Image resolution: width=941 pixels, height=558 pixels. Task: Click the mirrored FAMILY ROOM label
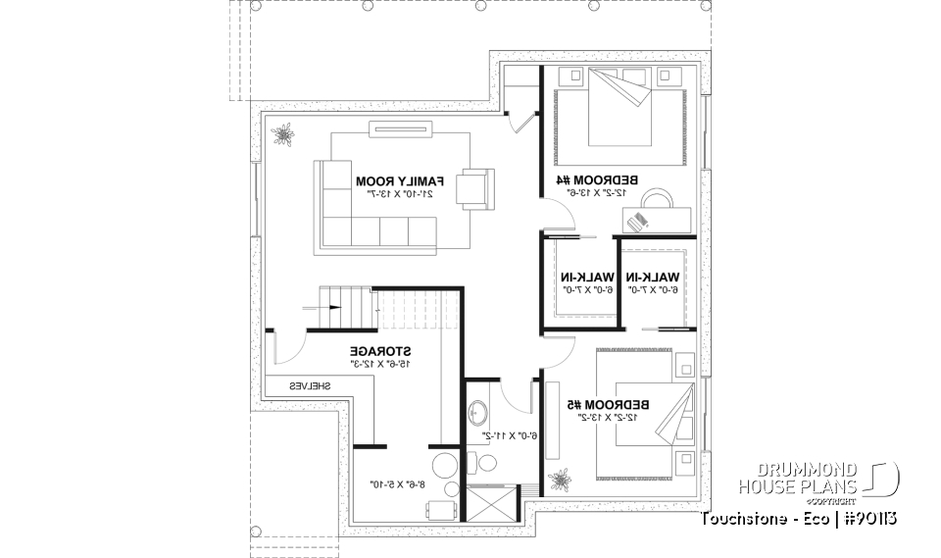pyautogui.click(x=400, y=181)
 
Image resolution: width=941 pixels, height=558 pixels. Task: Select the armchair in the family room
pyautogui.click(x=477, y=188)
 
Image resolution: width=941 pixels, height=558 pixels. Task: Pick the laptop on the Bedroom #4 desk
pyautogui.click(x=639, y=221)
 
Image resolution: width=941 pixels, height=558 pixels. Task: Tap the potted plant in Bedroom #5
pyautogui.click(x=561, y=481)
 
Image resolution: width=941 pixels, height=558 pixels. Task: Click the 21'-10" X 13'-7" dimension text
pyautogui.click(x=400, y=195)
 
